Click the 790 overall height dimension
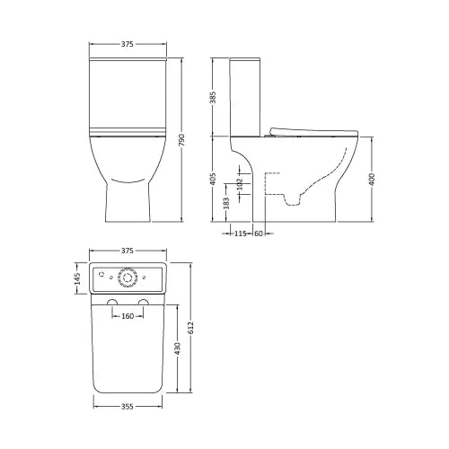point(182,140)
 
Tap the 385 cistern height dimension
point(213,97)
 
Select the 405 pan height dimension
point(213,179)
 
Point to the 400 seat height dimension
point(372,180)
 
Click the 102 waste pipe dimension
point(240,184)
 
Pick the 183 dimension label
point(226,203)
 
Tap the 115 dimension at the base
point(240,233)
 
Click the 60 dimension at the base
point(259,233)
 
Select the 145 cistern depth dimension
point(77,278)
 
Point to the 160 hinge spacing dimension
point(128,316)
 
